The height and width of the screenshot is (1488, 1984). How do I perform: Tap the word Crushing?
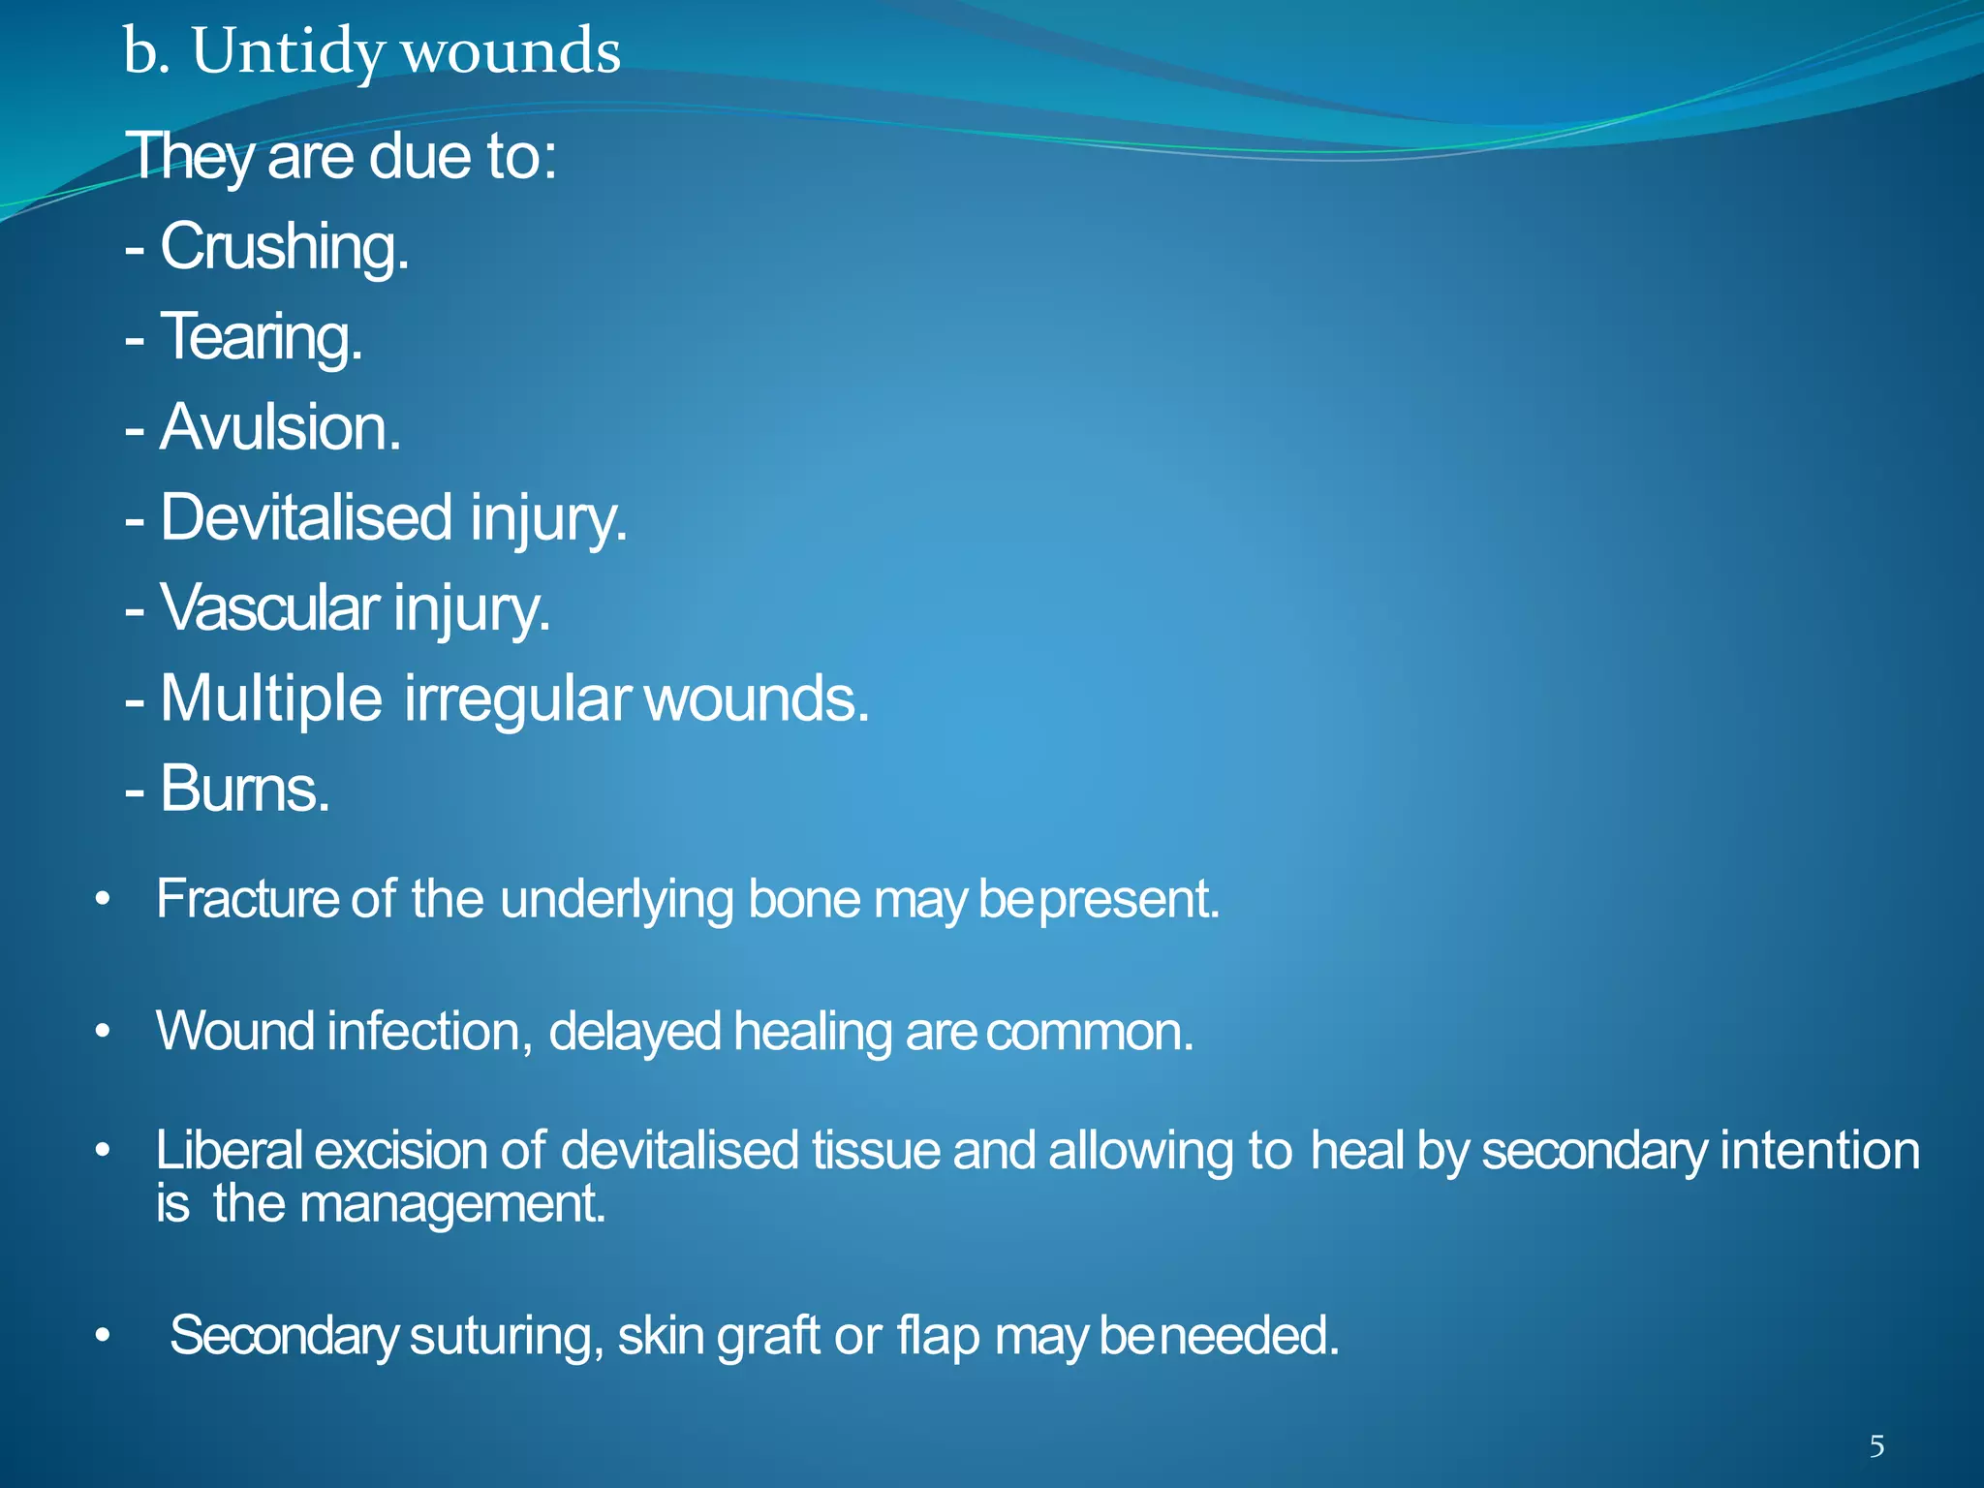pos(284,247)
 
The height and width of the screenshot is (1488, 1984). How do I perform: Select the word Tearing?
pos(261,337)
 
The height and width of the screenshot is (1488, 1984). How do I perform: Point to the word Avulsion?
pos(280,427)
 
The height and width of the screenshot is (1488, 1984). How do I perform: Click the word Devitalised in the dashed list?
pos(306,517)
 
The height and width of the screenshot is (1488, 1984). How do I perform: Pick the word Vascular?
pos(269,608)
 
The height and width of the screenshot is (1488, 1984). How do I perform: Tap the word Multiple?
pos(271,698)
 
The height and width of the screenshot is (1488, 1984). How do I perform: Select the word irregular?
pos(517,698)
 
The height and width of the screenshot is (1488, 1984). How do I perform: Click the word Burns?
pos(244,789)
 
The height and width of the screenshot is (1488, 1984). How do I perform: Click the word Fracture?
pos(247,899)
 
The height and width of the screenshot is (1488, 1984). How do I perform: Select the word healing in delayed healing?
pos(812,1031)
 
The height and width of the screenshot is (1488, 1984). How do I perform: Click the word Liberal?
pos(229,1151)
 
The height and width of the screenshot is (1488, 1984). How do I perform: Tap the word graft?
pos(768,1336)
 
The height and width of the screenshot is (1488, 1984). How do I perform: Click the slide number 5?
pos(1876,1446)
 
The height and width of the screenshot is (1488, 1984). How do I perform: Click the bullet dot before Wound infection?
pos(103,1033)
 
